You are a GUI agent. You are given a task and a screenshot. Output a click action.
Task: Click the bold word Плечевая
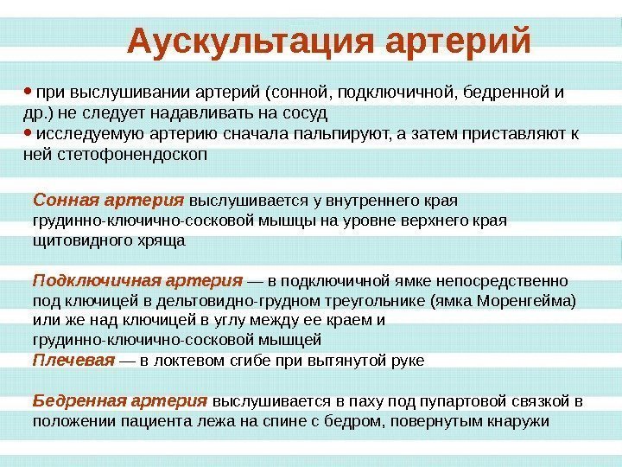click(73, 359)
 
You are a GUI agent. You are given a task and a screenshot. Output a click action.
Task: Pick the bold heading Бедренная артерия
click(119, 401)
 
